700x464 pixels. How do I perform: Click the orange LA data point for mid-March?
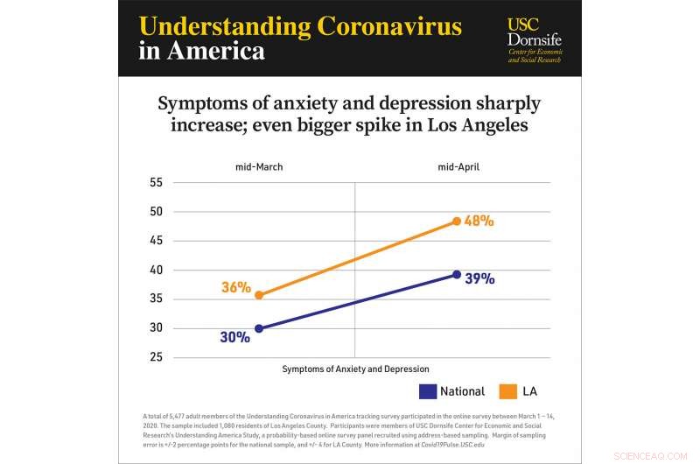(259, 295)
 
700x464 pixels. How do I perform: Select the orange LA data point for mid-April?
(457, 221)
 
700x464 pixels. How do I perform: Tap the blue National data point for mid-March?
(259, 328)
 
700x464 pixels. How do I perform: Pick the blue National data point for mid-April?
(457, 275)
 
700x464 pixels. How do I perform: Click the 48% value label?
(479, 221)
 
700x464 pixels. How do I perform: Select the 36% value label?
(236, 287)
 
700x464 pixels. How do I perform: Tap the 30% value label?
(235, 336)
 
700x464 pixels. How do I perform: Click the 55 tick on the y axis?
(157, 182)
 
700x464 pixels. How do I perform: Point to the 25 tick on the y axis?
(157, 357)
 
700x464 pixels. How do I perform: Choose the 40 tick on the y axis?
(157, 270)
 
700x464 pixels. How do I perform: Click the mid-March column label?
(259, 166)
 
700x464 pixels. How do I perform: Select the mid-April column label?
(458, 166)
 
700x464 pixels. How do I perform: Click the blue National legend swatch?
(428, 390)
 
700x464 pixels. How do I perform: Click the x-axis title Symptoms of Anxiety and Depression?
(355, 369)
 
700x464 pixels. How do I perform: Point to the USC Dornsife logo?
(535, 40)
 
